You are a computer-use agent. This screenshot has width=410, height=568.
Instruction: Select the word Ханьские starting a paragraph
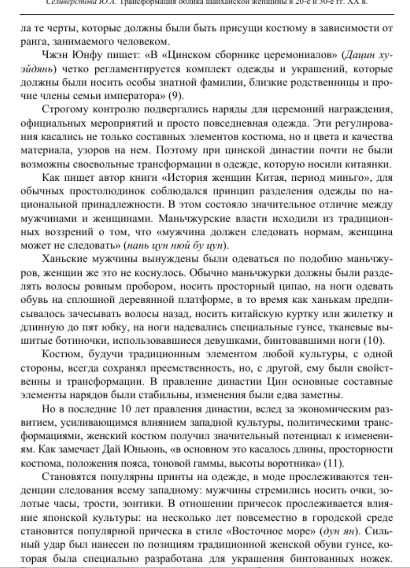click(65, 259)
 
